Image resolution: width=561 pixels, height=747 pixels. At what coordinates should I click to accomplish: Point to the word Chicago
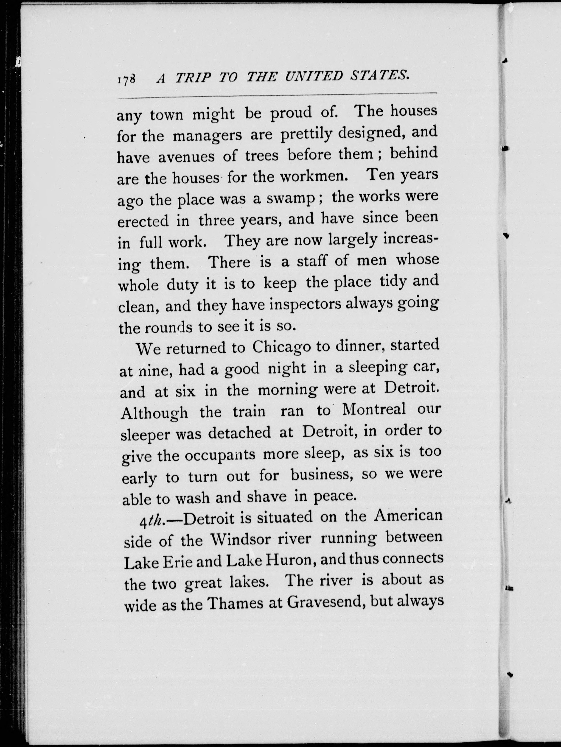[281, 348]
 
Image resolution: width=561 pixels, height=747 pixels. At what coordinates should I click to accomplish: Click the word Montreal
[374, 410]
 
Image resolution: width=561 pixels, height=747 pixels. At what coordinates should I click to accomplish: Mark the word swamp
[291, 199]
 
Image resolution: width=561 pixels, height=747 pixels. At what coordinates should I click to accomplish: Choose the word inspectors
[306, 305]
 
